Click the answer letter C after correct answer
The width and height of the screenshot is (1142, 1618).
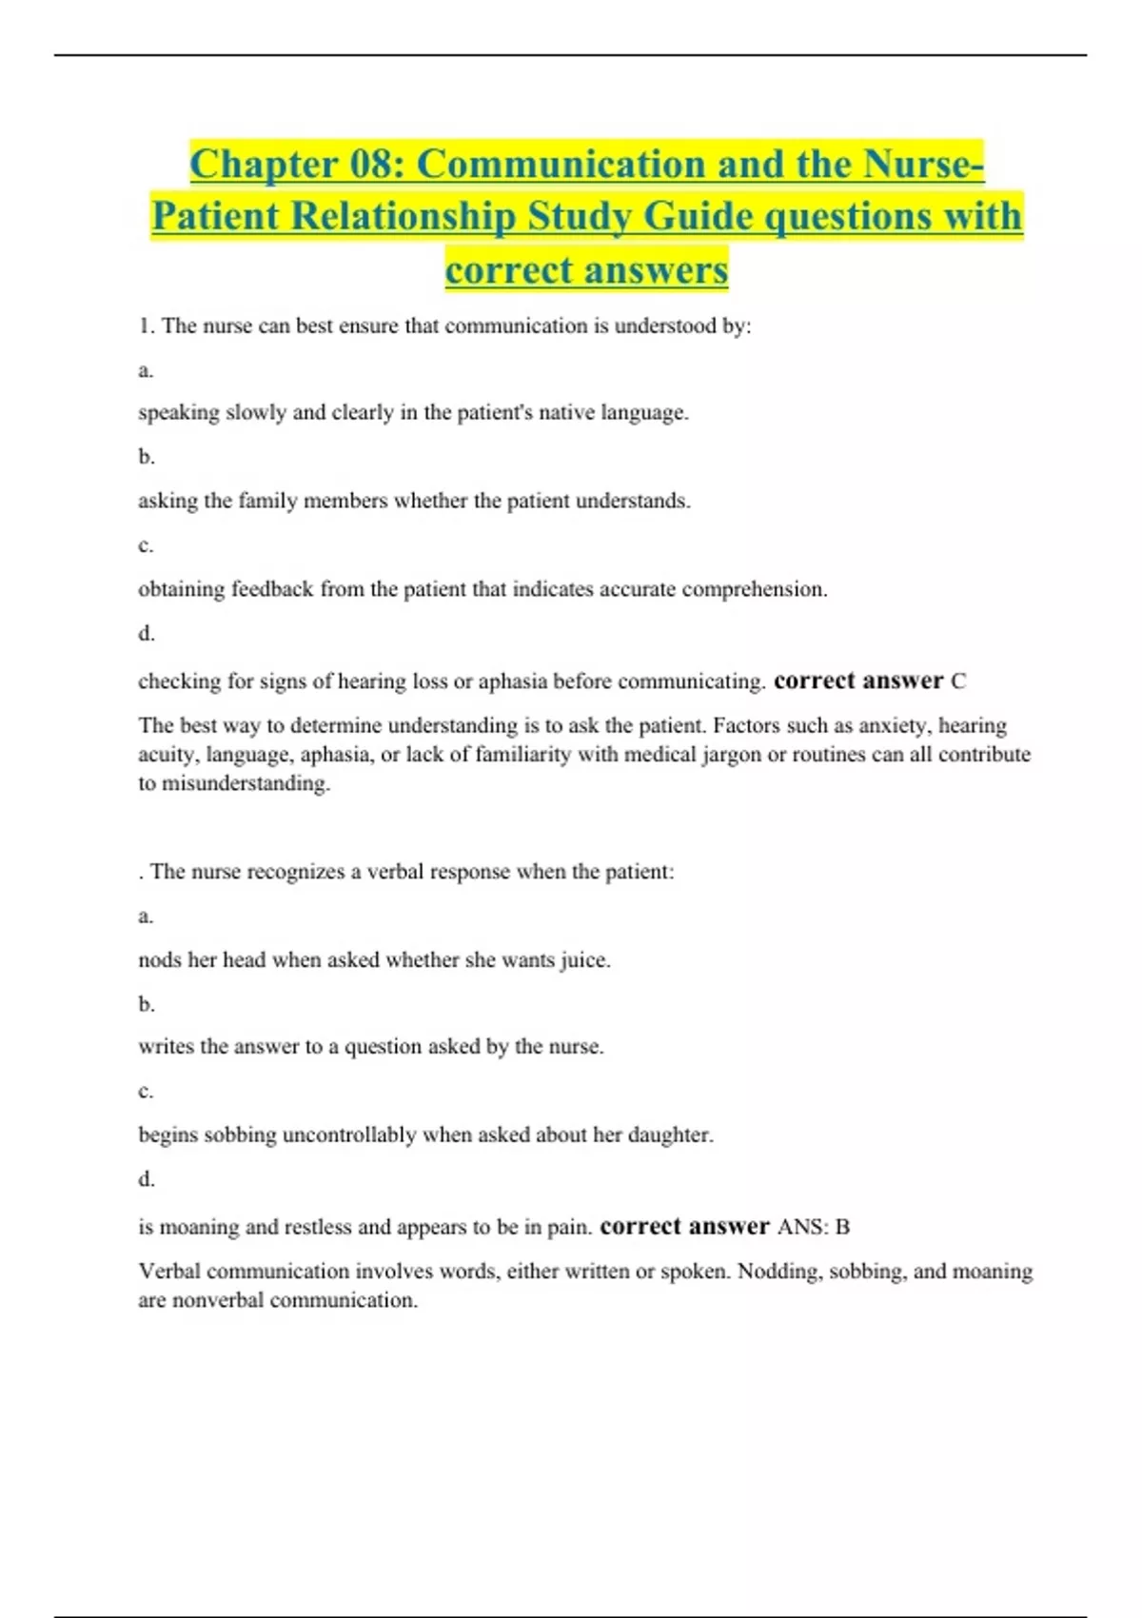click(x=958, y=681)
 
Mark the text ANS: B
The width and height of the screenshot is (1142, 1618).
click(x=814, y=1227)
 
